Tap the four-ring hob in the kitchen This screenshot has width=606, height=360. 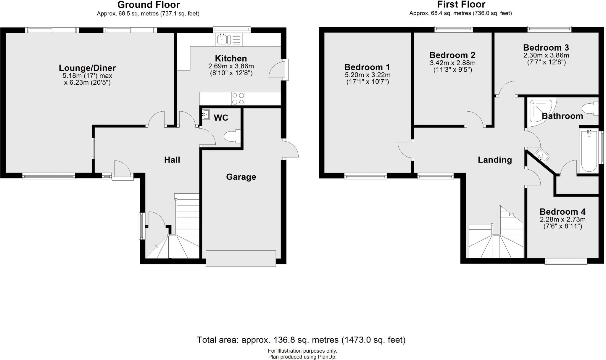coord(238,99)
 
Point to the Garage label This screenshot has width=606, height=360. coord(241,177)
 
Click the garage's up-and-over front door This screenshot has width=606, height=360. coord(241,258)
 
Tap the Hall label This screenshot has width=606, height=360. coord(172,160)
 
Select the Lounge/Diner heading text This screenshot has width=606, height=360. coord(87,68)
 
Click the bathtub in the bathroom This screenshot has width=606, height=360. coord(589,151)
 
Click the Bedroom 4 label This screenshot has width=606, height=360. coord(563,212)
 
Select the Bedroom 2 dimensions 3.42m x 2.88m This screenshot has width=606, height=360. coord(452,63)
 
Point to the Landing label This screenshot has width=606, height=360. coord(495,160)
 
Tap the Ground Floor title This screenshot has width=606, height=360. coord(149,5)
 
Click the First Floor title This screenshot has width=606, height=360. coord(461,5)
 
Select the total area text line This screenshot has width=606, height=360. coord(301,340)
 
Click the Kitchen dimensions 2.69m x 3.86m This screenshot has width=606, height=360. coord(231,66)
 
